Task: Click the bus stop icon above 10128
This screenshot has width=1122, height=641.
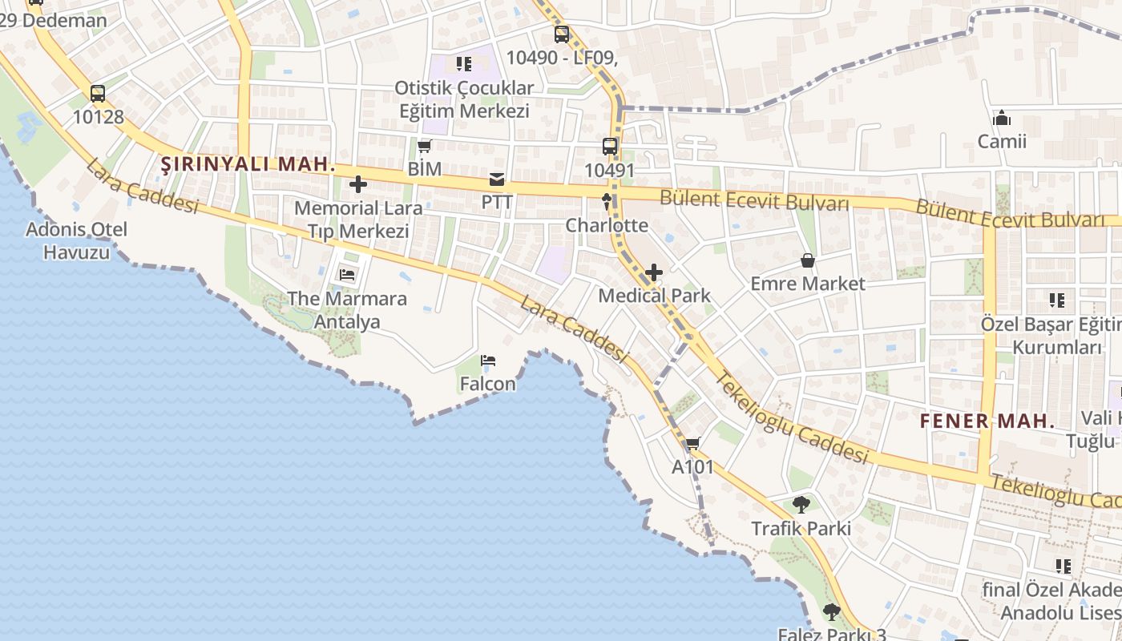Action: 98,94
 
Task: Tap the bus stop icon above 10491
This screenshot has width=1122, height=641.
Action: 610,147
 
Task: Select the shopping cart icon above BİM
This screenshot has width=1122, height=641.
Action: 425,146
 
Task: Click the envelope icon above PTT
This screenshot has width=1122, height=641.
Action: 497,179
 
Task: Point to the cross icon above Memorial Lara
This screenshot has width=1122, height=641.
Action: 358,185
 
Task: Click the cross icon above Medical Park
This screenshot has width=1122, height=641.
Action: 654,272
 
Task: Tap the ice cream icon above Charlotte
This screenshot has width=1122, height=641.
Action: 607,201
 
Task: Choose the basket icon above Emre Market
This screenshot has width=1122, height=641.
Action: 807,260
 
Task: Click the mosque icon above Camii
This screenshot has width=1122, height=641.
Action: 1002,119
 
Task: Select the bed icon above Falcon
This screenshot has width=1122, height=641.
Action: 488,361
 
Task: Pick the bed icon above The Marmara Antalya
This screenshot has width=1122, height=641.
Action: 347,275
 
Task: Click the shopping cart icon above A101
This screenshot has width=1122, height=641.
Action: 692,444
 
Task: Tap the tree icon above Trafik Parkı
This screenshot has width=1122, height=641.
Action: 801,505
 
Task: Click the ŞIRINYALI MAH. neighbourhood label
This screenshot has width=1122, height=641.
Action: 248,165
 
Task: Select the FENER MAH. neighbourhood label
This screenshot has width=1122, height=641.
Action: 987,421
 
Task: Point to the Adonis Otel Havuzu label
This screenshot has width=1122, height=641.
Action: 76,240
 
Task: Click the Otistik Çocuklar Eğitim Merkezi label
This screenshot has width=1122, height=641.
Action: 464,99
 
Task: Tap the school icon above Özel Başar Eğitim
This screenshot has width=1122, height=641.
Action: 1057,301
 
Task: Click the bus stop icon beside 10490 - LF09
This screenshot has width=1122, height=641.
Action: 562,34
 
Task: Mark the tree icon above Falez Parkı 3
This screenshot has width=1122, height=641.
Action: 832,612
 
